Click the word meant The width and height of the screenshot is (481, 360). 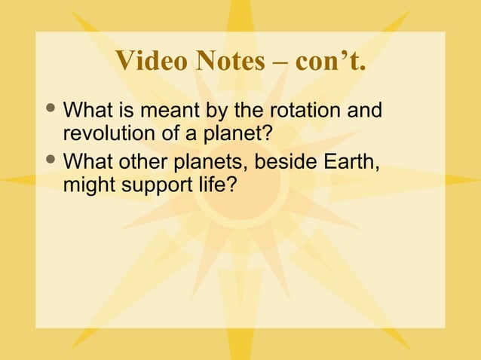pyautogui.click(x=169, y=112)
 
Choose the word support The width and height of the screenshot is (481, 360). pyautogui.click(x=155, y=185)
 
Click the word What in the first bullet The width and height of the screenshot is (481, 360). pyautogui.click(x=87, y=112)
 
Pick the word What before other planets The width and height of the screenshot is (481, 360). pyautogui.click(x=87, y=161)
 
